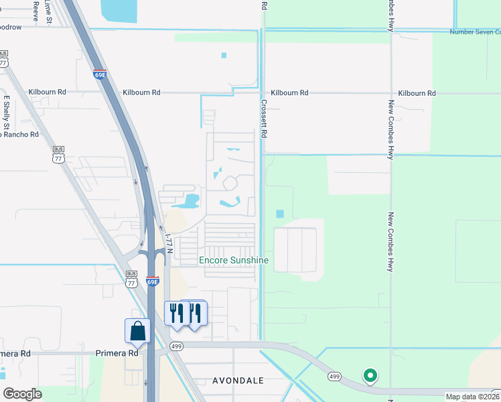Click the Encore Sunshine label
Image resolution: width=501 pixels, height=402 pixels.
tap(234, 260)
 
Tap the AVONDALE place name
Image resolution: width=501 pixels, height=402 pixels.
tap(238, 380)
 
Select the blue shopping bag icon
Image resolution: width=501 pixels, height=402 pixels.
tap(137, 331)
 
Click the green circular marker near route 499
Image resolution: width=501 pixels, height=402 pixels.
tap(370, 376)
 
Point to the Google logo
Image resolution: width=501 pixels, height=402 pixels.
tap(23, 393)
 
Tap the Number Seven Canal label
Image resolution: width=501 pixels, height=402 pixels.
tap(475, 31)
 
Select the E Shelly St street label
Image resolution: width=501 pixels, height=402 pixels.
tap(7, 113)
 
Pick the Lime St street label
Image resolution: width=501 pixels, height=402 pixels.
tap(48, 12)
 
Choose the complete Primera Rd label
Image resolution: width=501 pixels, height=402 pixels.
tap(117, 353)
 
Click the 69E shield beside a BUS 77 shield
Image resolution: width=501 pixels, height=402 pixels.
tap(153, 281)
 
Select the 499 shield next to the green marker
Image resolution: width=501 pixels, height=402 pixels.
tap(334, 377)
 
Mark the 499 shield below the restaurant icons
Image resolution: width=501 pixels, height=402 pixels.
tap(176, 346)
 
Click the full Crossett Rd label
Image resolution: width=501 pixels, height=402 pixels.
tap(264, 119)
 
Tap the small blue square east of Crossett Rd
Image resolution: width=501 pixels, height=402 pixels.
tap(279, 214)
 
